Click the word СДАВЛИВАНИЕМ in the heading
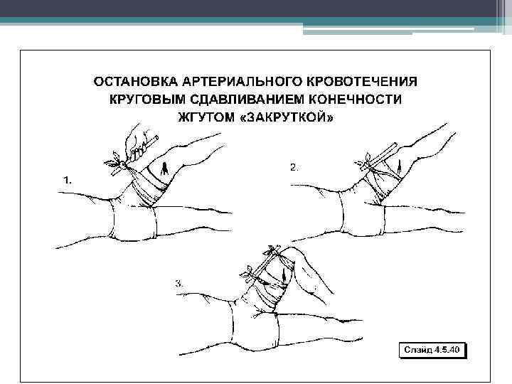click(x=247, y=100)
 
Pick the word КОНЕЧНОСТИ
click(x=356, y=100)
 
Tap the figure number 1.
click(x=68, y=180)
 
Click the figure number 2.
click(x=294, y=168)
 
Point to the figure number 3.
click(x=178, y=284)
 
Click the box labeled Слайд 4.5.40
click(x=432, y=350)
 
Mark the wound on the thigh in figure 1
click(x=164, y=169)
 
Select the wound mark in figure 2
click(x=399, y=165)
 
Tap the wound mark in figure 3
click(x=284, y=275)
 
